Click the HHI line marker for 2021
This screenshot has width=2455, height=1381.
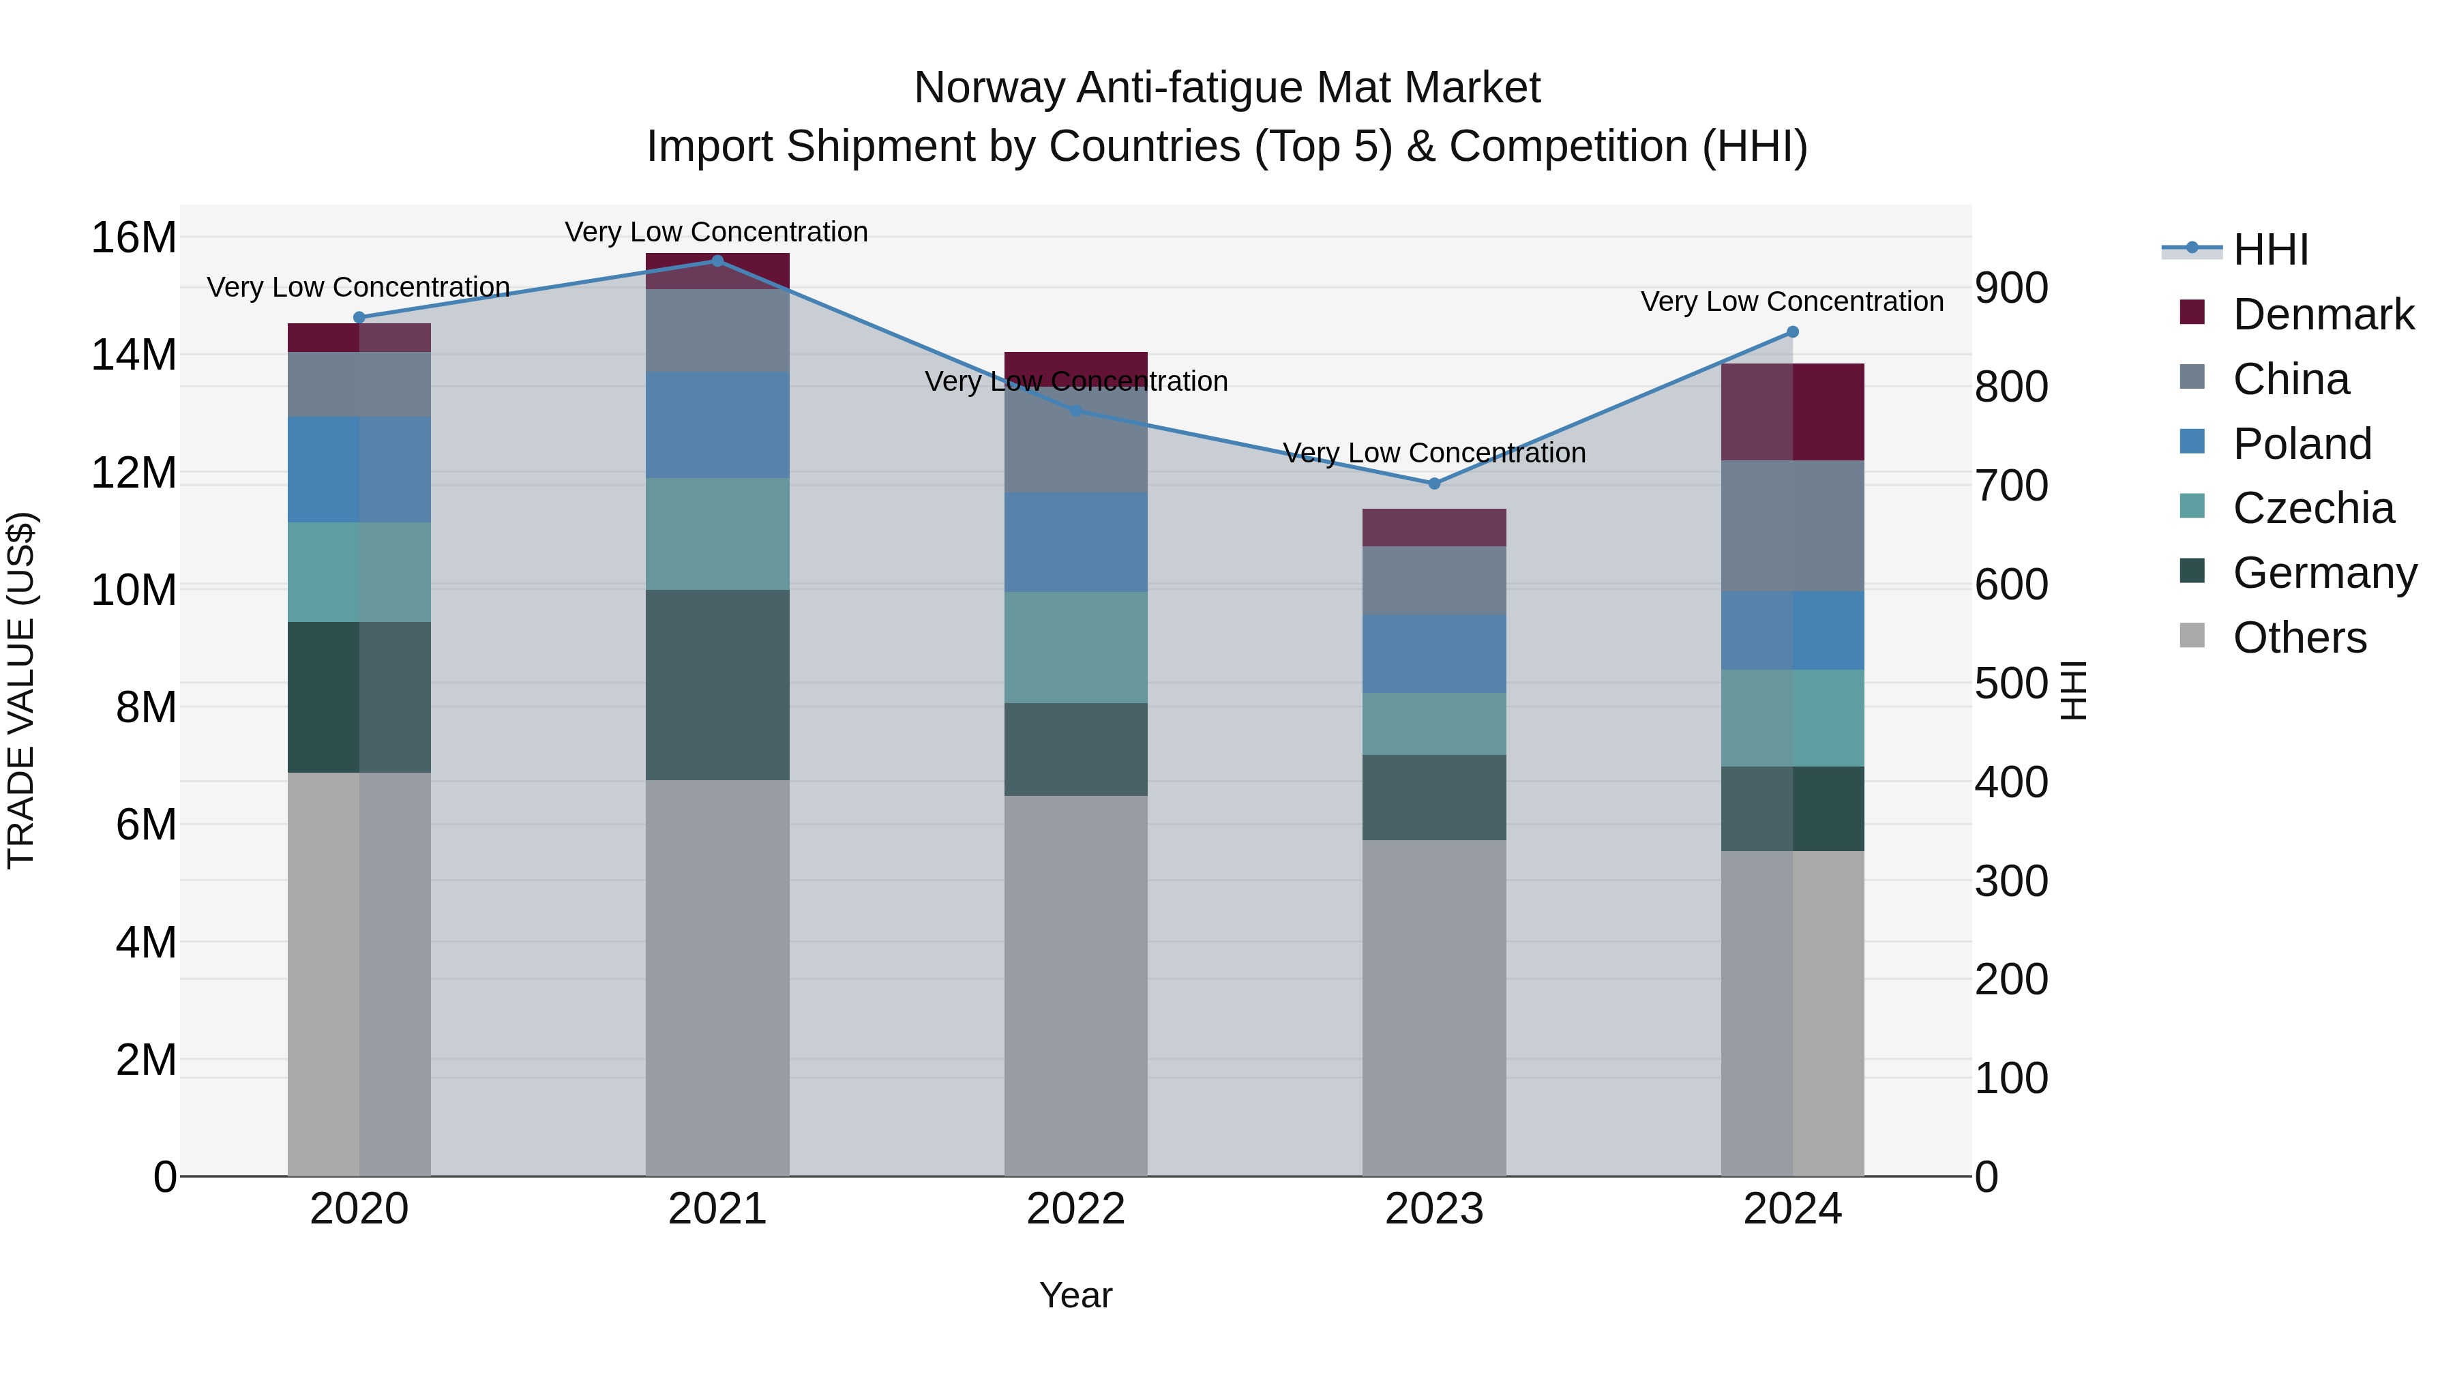click(x=717, y=261)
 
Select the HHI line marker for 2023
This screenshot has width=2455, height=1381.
click(x=1434, y=484)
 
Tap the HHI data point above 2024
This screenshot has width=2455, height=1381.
click(x=1793, y=331)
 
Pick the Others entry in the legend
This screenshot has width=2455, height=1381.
click(x=2299, y=638)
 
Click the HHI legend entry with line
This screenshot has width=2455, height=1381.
click(x=2235, y=250)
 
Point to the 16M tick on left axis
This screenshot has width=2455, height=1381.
click(x=134, y=237)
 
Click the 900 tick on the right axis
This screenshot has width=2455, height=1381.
click(x=2011, y=288)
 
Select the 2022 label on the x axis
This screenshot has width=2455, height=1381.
click(x=1076, y=1209)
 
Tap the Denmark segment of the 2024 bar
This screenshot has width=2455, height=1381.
click(x=1793, y=412)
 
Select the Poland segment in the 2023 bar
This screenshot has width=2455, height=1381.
click(x=1434, y=654)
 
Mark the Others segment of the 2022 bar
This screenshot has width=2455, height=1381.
click(x=1076, y=985)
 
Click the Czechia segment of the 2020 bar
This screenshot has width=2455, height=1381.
click(x=359, y=572)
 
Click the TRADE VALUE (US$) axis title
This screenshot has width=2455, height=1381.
click(x=22, y=690)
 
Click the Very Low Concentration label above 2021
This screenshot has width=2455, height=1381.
click(x=717, y=232)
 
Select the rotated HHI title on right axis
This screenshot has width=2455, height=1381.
click(x=2074, y=690)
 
